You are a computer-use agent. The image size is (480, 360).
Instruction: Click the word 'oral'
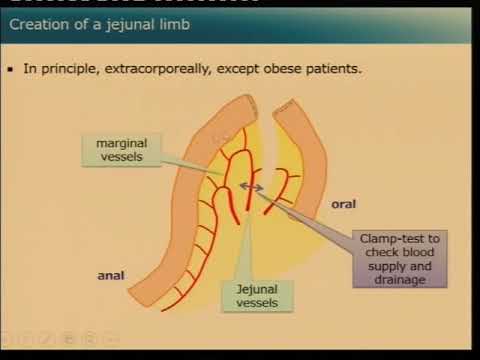tap(343, 204)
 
